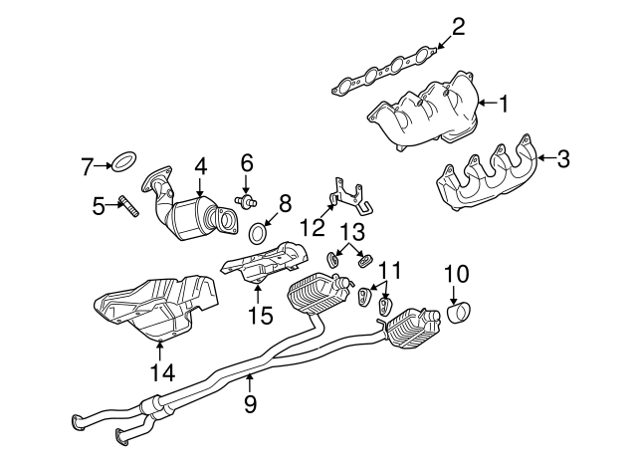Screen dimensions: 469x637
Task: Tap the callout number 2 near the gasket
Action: coord(458,26)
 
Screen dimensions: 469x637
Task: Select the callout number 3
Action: coord(563,156)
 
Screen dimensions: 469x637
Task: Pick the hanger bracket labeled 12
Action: coord(349,196)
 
